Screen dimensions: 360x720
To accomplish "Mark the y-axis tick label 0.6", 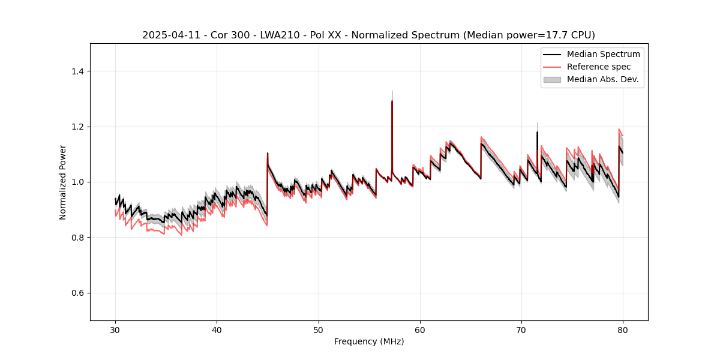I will click(x=77, y=293).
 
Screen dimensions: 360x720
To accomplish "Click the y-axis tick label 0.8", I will click(x=77, y=238).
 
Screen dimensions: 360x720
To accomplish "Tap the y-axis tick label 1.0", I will click(x=77, y=182).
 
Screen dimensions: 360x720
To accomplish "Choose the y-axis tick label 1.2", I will click(x=77, y=127).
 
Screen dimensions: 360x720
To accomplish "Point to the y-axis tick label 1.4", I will click(x=77, y=71).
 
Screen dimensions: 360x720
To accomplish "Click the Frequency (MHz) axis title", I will click(x=369, y=341).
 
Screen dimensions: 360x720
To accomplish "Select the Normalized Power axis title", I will click(x=62, y=182).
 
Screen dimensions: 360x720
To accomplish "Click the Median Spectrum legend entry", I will click(x=603, y=54).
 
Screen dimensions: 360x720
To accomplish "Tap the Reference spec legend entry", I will click(x=598, y=67).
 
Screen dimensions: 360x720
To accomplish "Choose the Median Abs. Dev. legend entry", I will click(x=602, y=79).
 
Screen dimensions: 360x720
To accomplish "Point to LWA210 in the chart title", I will click(x=284, y=35).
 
